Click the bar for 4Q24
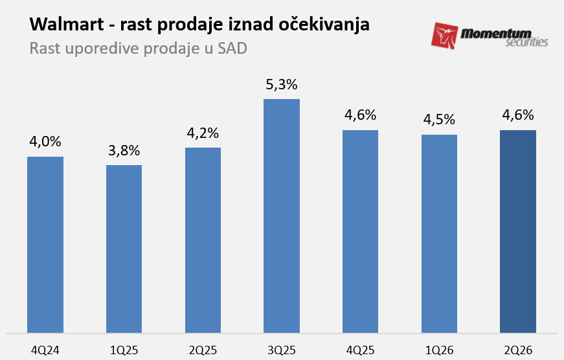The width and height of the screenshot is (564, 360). (45, 245)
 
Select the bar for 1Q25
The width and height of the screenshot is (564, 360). (124, 249)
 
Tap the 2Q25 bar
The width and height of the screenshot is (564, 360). (203, 240)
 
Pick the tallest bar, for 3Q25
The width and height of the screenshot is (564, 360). (282, 216)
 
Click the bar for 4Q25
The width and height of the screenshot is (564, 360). (361, 232)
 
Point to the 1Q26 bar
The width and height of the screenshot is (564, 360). (440, 234)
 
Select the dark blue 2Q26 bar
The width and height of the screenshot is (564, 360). (518, 232)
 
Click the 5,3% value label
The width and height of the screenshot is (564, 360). (282, 84)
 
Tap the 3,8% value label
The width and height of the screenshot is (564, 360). (124, 150)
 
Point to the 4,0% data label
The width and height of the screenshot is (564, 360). (45, 142)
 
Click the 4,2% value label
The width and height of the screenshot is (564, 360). (203, 133)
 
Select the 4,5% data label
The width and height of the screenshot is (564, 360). (440, 120)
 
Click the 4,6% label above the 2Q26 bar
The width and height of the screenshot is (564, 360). (518, 115)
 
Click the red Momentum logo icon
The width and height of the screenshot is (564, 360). (445, 36)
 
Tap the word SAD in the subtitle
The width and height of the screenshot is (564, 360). (232, 49)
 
